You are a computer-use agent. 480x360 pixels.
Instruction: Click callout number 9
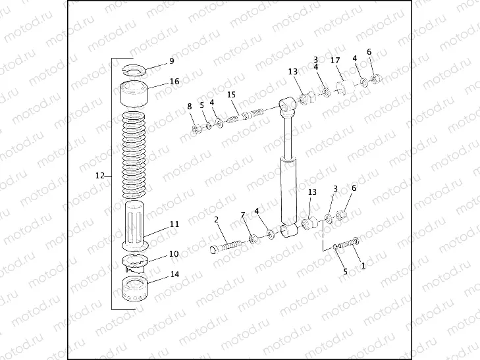coord(171,61)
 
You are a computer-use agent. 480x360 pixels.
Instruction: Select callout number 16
coord(174,82)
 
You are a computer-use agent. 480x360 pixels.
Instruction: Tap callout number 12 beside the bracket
coord(100,176)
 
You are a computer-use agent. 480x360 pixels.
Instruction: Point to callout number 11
coord(174,224)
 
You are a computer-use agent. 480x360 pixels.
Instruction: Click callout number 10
coord(174,253)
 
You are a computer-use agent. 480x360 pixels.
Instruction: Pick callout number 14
coord(174,274)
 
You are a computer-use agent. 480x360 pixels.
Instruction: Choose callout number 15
coord(231,95)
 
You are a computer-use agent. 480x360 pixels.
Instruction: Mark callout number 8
coord(190,106)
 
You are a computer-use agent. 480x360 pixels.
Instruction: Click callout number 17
coord(335,61)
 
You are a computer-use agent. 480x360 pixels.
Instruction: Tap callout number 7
coord(242,215)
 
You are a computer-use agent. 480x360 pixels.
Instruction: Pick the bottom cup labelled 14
coord(137,290)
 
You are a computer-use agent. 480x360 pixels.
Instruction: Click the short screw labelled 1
coord(349,242)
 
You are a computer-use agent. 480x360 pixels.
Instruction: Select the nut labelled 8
coord(196,129)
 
